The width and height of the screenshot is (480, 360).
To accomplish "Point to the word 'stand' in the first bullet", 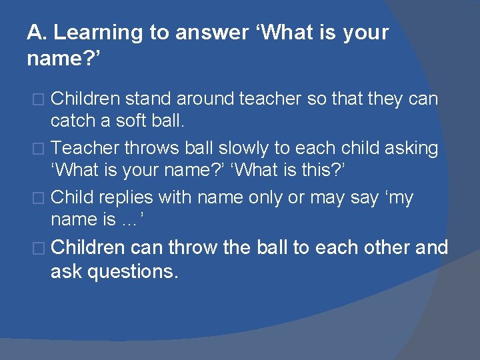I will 148,99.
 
